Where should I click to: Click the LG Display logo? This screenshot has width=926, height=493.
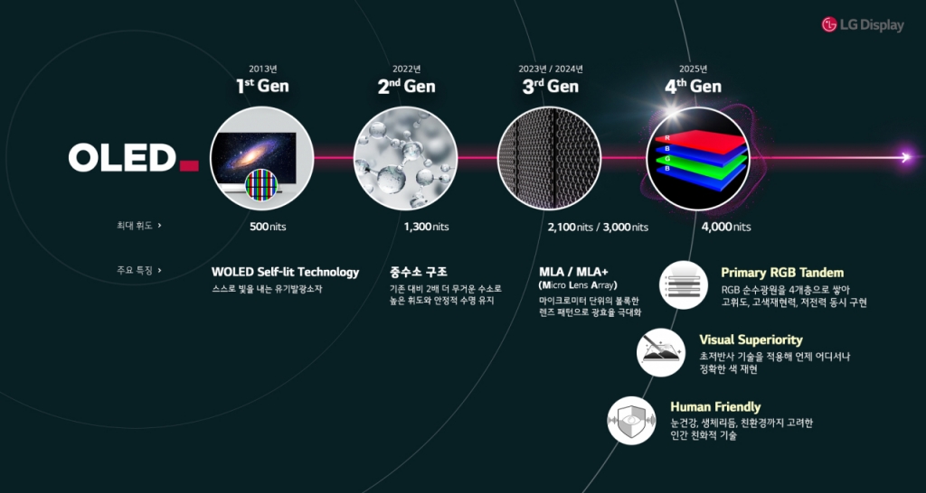862,25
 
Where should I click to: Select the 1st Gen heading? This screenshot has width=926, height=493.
262,87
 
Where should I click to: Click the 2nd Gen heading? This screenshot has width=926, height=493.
406,87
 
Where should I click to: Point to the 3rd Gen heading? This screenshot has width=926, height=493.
550,87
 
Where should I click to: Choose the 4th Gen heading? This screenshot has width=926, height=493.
693,87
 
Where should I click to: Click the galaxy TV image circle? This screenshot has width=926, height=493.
262,158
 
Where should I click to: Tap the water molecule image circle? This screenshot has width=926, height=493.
406,158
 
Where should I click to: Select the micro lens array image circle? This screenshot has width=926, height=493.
550,158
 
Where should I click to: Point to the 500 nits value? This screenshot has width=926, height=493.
267,227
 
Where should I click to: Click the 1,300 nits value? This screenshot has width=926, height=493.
426,227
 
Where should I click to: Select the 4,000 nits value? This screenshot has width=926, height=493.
725,227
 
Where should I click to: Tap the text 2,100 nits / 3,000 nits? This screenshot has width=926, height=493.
598,227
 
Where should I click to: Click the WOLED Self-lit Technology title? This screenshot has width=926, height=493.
285,272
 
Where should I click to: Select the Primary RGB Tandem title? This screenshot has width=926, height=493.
782,272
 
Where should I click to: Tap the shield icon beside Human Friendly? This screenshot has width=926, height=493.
631,420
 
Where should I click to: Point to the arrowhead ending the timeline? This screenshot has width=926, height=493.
905,158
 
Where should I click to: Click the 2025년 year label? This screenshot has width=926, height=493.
693,69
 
